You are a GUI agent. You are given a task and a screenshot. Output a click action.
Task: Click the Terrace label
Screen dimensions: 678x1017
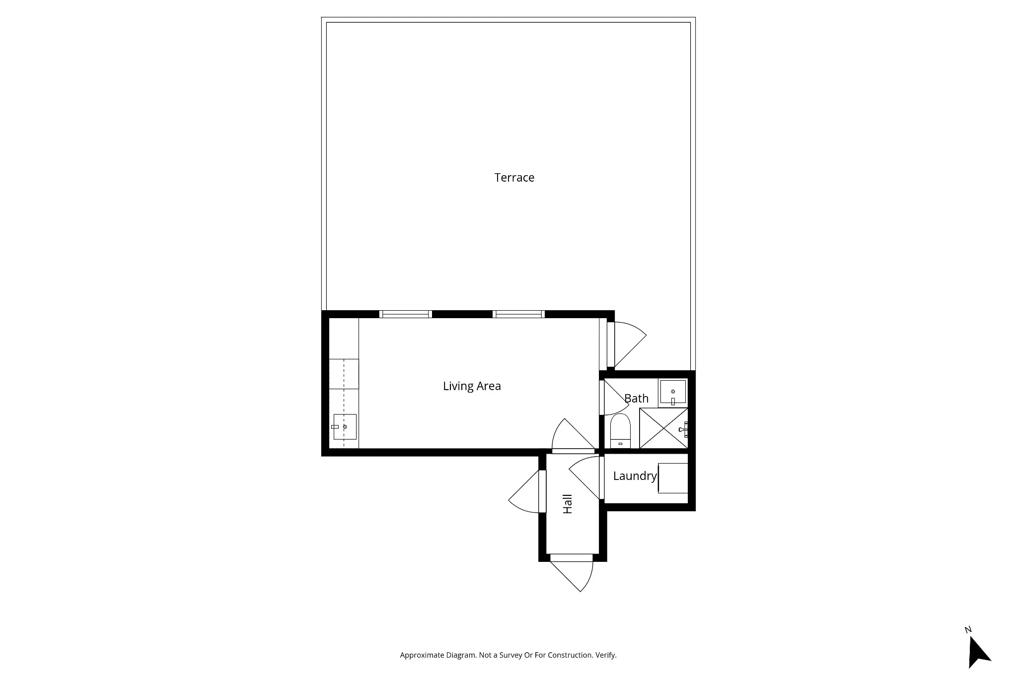point(514,178)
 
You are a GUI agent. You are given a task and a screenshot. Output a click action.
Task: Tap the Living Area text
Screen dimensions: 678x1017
point(471,386)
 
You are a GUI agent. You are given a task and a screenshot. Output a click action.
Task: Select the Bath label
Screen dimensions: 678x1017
point(636,399)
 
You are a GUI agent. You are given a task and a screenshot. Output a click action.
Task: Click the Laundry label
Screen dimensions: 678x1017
point(635,476)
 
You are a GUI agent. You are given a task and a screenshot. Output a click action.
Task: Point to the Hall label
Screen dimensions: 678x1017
point(568,504)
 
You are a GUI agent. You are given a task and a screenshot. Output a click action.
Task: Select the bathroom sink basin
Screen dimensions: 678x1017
point(673,392)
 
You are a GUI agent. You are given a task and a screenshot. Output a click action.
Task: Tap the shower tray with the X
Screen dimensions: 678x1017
point(662,428)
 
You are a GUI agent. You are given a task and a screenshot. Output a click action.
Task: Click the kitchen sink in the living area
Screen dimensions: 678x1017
point(345,427)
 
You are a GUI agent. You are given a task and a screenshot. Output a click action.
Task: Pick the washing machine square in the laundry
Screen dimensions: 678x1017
point(673,478)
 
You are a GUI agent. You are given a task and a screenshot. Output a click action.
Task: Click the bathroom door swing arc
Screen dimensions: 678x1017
point(615,398)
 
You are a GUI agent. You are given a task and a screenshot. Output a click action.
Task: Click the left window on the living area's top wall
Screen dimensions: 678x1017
point(405,314)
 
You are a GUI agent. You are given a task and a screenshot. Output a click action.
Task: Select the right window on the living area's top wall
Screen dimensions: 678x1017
point(518,314)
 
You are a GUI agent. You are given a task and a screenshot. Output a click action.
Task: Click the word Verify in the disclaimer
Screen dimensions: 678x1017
point(606,655)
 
